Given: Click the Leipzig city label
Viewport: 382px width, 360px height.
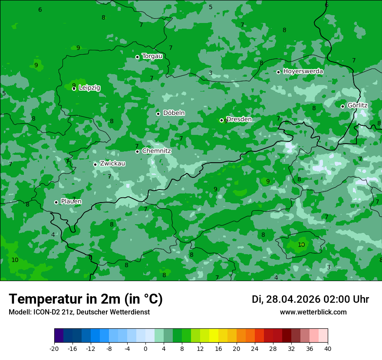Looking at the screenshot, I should point(89,88).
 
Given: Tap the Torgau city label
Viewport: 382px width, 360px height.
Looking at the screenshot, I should point(152,56).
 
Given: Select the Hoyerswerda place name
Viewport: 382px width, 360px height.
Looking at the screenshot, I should point(303,71).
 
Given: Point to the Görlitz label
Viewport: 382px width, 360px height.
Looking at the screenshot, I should point(357,105).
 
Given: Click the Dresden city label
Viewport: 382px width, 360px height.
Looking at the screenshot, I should point(239,119).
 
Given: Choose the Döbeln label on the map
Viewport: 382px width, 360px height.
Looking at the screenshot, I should point(174,113).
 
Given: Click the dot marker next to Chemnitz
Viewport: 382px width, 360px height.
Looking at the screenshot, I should point(138,151).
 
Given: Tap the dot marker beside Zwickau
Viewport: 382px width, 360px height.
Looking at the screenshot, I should point(95,164).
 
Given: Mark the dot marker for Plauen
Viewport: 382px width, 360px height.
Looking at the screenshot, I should point(56,202).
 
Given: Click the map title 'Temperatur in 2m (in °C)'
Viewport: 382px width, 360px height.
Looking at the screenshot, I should point(86,299).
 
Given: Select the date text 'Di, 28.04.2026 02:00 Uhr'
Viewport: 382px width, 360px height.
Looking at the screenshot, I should point(310,299).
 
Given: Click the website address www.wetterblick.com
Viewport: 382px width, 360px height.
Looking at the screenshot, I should point(313,312).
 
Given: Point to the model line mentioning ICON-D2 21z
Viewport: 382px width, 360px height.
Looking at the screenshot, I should point(79,312).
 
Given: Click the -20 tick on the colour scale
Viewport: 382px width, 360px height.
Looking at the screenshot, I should point(54,349).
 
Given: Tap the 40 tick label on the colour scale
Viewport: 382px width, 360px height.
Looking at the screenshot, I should point(328,349).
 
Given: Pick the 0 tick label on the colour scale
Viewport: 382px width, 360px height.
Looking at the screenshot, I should point(145,349).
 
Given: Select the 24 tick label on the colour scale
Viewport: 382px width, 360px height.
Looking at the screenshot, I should point(255,349).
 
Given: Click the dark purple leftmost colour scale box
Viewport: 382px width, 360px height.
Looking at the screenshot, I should point(59,336).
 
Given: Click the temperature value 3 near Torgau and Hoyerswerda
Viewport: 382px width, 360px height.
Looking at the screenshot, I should point(211,73).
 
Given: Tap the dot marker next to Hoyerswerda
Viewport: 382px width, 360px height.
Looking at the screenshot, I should point(279,72).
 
